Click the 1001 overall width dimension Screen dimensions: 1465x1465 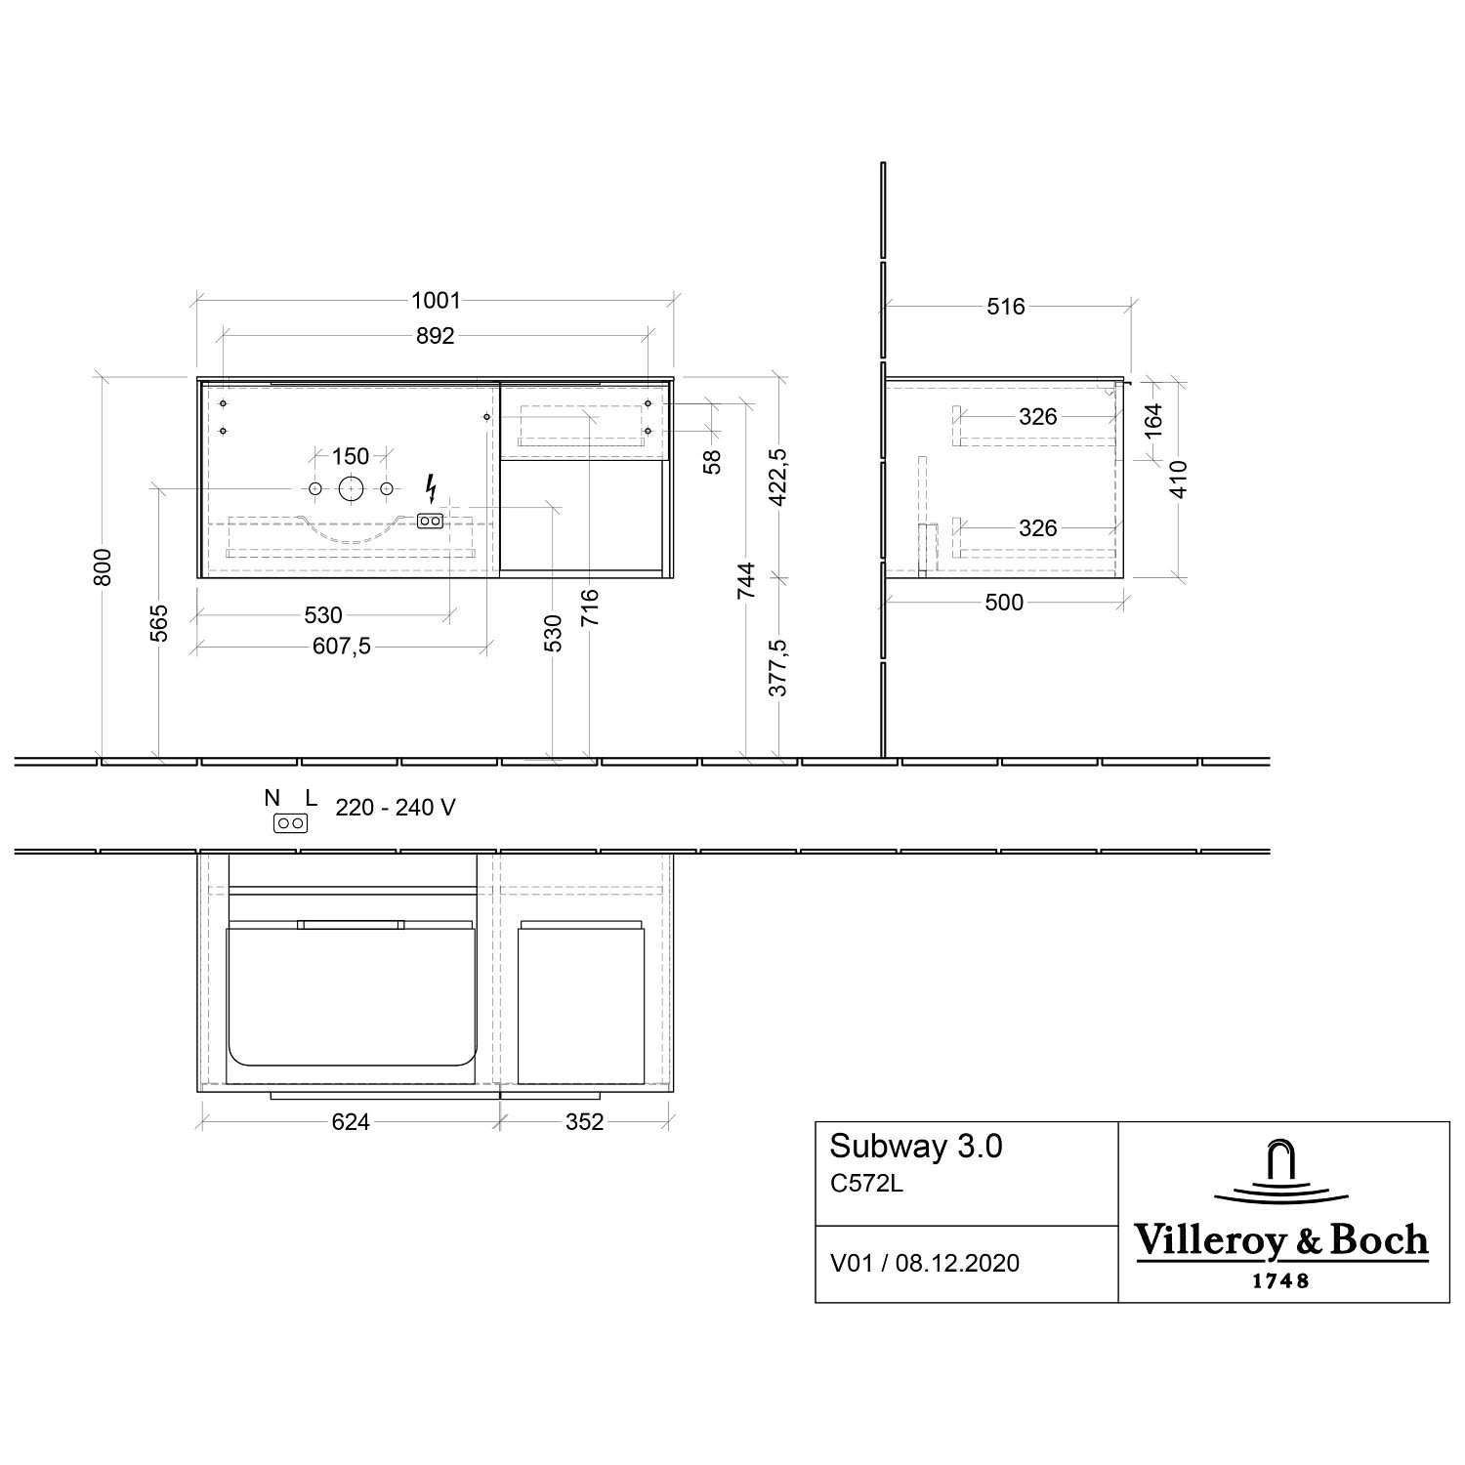coord(436,302)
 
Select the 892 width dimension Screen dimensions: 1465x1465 coord(436,336)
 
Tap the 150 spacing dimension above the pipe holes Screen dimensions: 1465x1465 coord(351,456)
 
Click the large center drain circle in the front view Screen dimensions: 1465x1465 coord(351,488)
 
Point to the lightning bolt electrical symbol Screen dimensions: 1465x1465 coord(431,487)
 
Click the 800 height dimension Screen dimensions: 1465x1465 coord(104,567)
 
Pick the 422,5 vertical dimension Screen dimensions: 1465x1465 coord(778,478)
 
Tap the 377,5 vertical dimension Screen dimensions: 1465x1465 coord(778,668)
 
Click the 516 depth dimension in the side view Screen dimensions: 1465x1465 coord(1006,307)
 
